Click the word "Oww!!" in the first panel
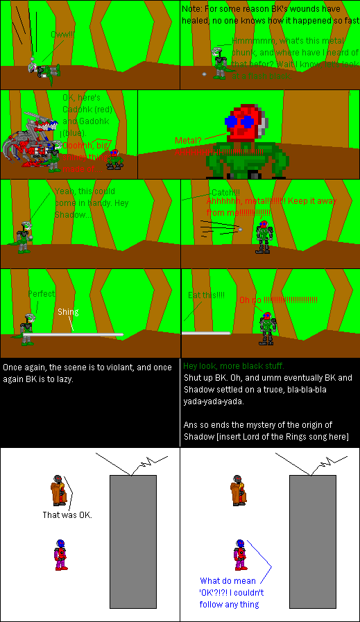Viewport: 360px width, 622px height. tap(62, 34)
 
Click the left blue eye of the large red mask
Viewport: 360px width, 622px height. tap(231, 121)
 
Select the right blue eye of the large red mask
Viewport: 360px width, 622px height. tap(247, 121)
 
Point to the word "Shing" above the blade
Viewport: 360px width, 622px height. tap(68, 311)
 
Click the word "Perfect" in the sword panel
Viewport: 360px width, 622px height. tap(41, 294)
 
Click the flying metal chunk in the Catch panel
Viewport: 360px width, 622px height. tap(240, 229)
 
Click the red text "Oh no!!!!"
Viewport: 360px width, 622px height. tap(277, 300)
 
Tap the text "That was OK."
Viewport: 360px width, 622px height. tap(67, 515)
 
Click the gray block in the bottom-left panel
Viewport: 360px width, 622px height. tap(132, 541)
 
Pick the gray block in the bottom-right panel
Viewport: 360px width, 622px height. tap(312, 541)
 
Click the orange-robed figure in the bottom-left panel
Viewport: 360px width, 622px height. tap(58, 491)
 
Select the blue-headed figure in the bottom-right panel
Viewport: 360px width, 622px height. tap(239, 554)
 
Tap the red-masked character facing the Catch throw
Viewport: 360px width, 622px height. tap(263, 236)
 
